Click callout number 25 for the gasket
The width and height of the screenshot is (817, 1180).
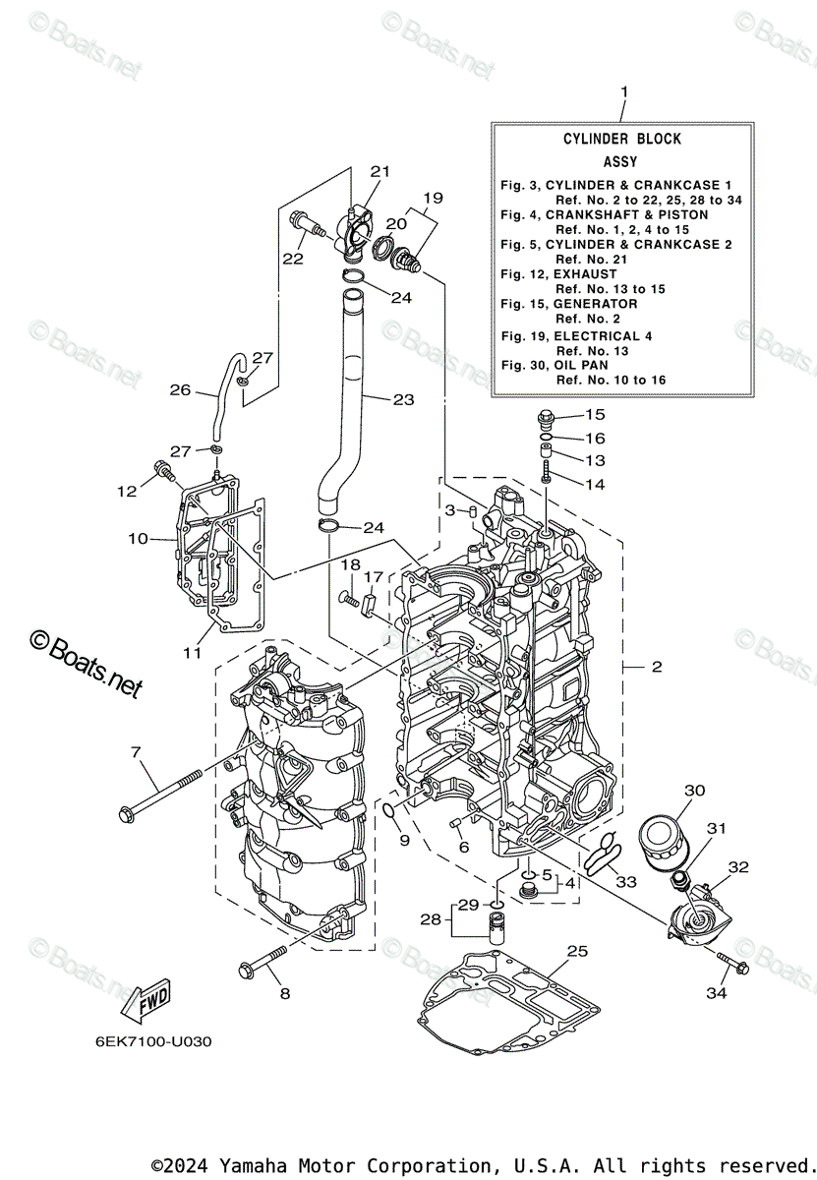tap(577, 951)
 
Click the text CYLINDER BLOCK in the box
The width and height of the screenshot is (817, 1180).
tap(621, 140)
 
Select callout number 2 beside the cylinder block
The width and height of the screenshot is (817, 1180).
tap(657, 667)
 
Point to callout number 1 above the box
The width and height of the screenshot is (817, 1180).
tap(623, 91)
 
